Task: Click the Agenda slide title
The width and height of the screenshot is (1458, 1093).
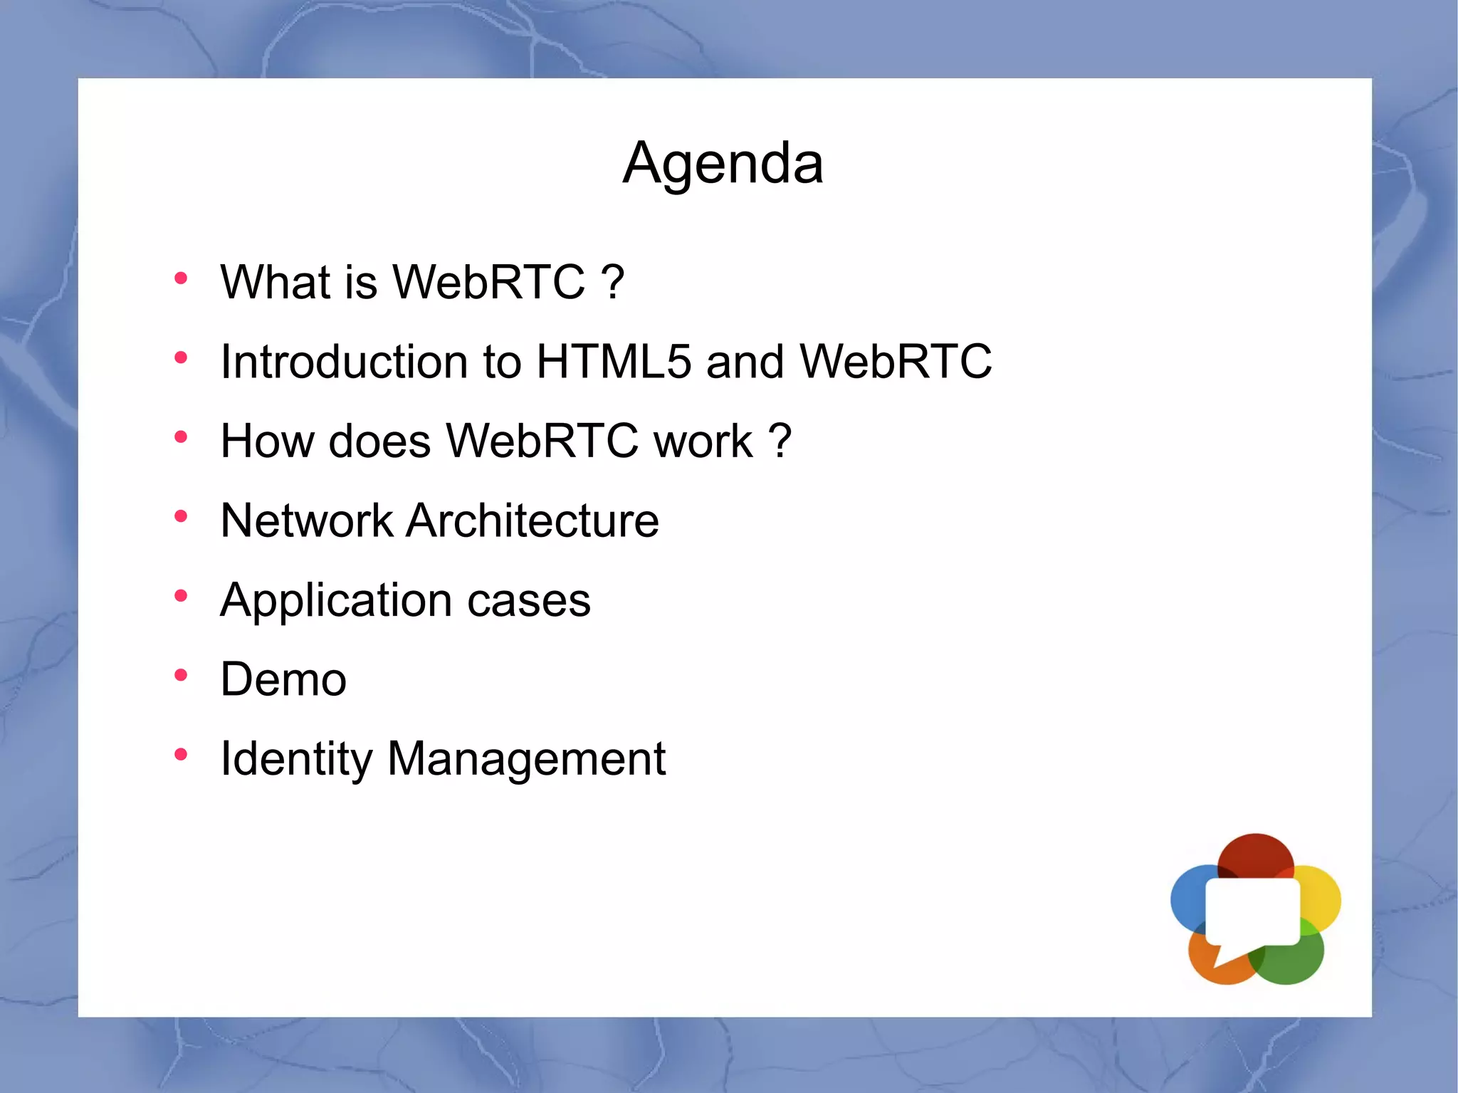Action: point(723,163)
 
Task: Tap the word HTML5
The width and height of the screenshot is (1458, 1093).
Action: point(613,361)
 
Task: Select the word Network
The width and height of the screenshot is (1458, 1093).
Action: point(306,521)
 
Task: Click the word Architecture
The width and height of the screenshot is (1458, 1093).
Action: point(533,521)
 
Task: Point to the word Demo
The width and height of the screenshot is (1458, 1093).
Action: point(283,679)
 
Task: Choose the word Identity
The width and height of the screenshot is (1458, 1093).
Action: point(296,759)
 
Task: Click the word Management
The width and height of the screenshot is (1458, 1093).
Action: point(526,759)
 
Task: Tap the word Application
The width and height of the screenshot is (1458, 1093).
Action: point(335,600)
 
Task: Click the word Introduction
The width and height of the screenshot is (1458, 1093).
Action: point(344,361)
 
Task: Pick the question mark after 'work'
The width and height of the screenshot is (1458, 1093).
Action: point(780,441)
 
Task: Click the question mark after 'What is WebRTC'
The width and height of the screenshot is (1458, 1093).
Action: point(613,282)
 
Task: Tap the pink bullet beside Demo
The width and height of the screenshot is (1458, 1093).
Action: point(181,674)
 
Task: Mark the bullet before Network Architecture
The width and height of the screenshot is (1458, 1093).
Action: point(181,516)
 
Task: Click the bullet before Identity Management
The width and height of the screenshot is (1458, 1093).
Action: point(181,754)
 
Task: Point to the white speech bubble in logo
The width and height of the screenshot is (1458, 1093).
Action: point(1252,912)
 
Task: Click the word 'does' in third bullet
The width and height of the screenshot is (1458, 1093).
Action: point(379,441)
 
